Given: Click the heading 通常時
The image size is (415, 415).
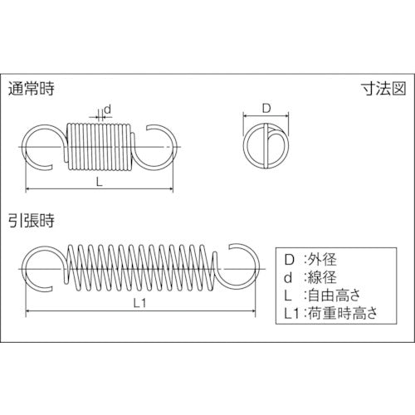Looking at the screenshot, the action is click(x=31, y=89).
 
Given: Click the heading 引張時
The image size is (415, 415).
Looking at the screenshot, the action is click(x=31, y=221).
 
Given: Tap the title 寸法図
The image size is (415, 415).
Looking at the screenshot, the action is click(x=384, y=89).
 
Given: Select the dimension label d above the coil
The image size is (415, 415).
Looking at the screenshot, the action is click(x=108, y=110).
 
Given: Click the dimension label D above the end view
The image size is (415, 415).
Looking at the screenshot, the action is click(x=266, y=109).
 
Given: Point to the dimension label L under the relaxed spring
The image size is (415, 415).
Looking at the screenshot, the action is click(x=99, y=182).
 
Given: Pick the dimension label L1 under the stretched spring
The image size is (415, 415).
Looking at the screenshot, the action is click(x=139, y=304).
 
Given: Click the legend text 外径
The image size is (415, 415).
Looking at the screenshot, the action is click(x=322, y=260).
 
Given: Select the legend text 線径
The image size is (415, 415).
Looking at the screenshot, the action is click(x=322, y=277).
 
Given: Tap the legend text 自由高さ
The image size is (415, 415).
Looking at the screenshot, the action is click(x=334, y=295).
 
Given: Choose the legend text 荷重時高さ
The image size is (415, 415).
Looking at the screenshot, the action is click(x=343, y=314).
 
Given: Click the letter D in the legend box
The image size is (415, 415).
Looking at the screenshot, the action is click(x=290, y=260).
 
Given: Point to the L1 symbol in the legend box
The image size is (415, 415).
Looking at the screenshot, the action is click(x=292, y=314).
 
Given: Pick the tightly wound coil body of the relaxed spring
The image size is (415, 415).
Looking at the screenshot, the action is click(x=99, y=147).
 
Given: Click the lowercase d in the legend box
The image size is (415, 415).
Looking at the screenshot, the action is click(x=288, y=277).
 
